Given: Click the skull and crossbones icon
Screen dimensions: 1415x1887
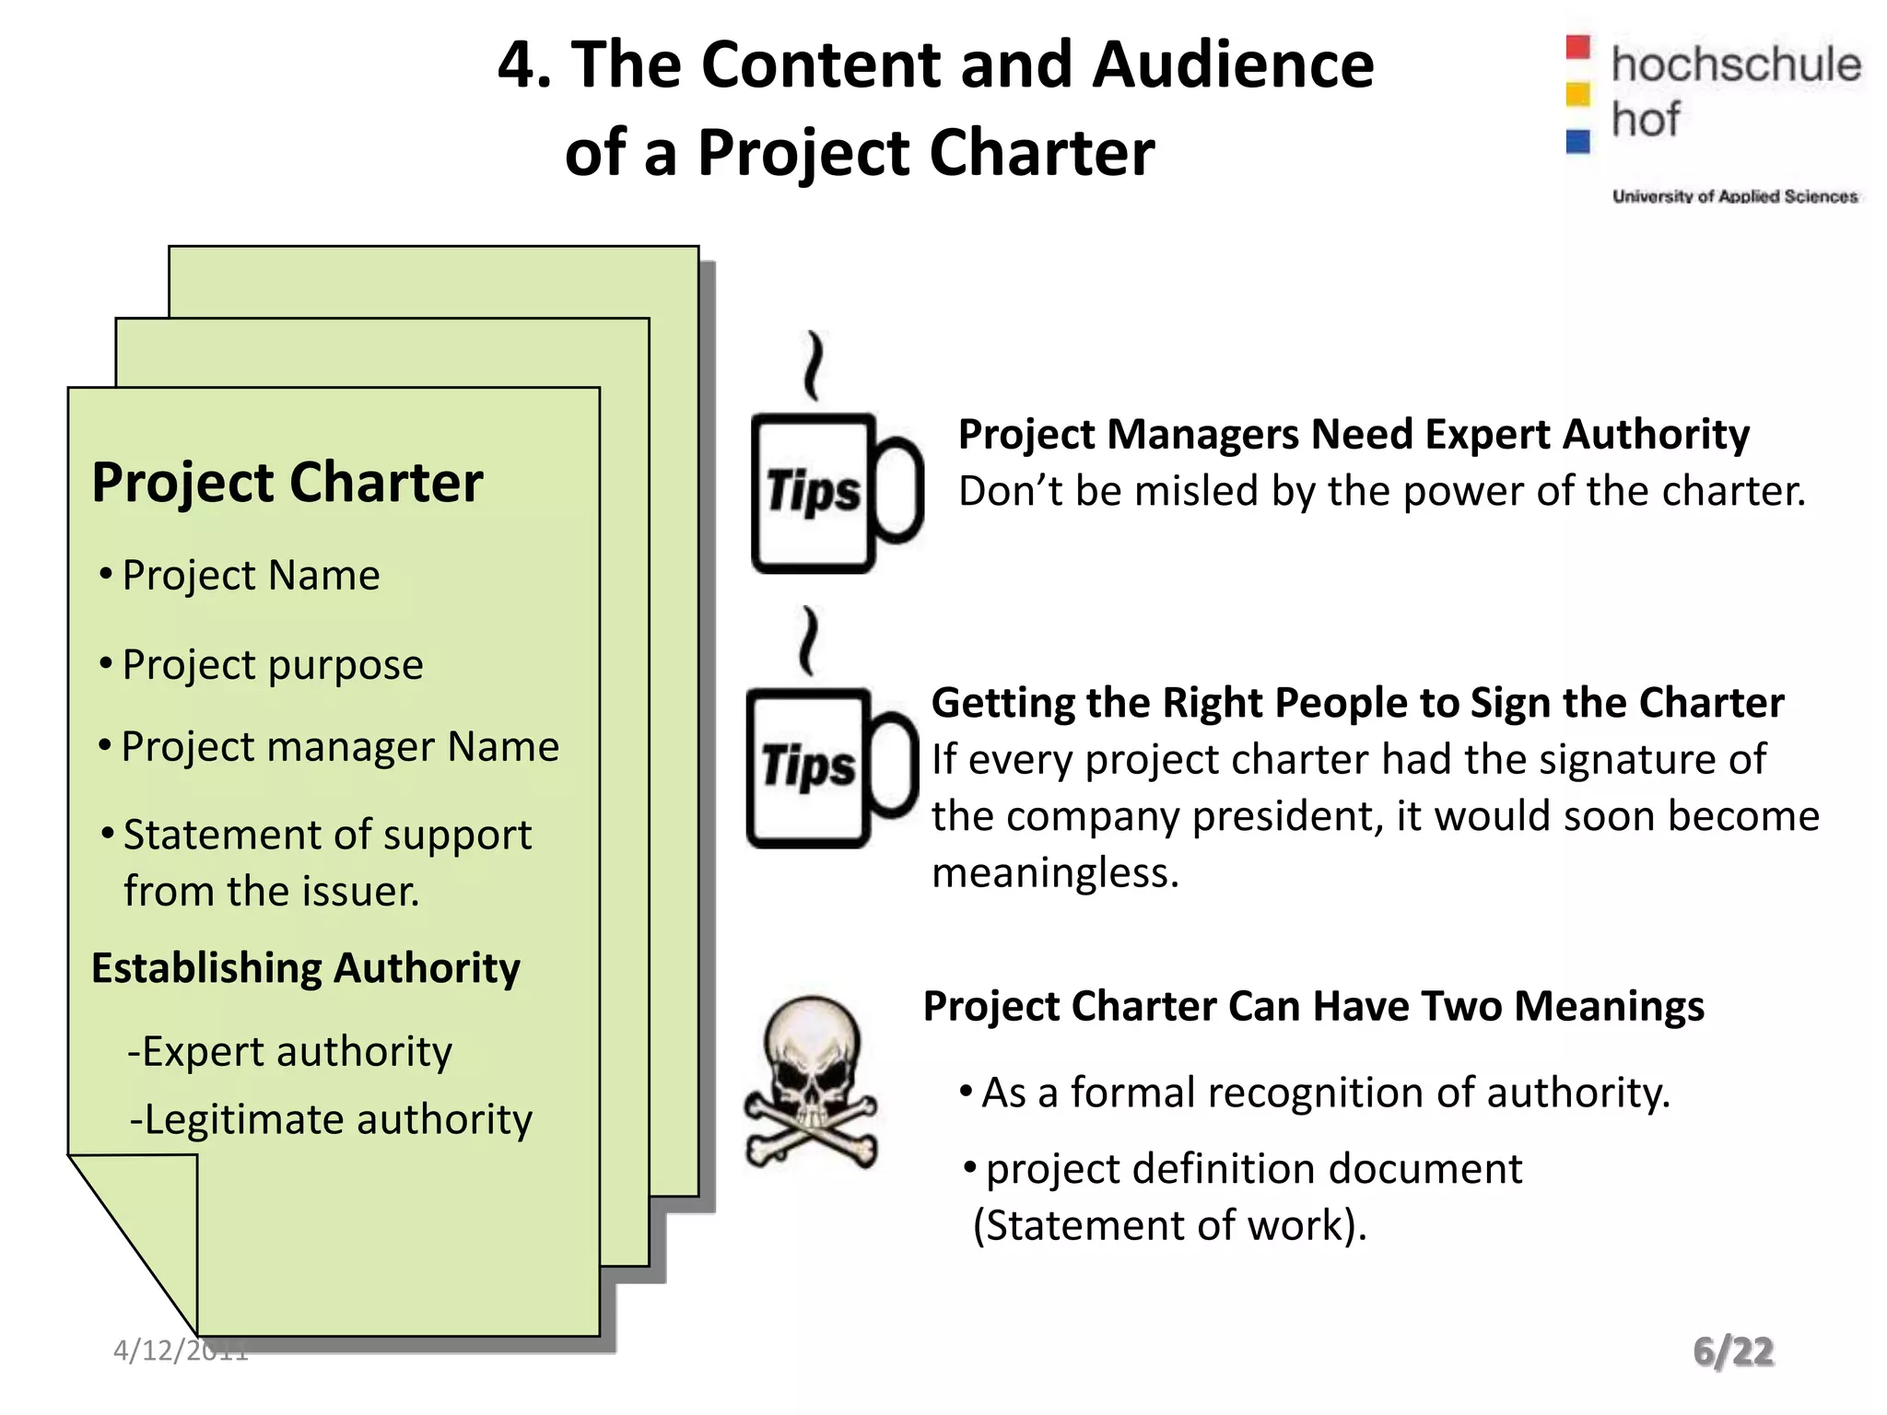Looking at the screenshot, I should coord(811,1082).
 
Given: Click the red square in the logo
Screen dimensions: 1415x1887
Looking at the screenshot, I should coord(1578,47).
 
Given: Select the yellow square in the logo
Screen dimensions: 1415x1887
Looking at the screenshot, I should coord(1578,94).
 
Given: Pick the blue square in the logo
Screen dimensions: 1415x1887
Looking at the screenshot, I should coord(1578,141).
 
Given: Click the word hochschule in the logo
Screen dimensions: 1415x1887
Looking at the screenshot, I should coord(1736,64).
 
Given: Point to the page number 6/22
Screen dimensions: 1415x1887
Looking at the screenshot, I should coord(1733,1351).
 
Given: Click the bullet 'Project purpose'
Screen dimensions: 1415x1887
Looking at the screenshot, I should coord(272,664).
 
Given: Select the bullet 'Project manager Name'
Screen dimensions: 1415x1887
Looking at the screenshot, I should coord(340,746).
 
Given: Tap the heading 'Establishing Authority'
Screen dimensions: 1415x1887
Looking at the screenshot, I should coord(306,968).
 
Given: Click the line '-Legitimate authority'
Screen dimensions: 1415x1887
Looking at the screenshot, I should coord(331,1120).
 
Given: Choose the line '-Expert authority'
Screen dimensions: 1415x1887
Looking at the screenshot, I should coord(290,1052).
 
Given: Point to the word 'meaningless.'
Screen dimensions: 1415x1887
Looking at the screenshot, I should coord(1055,872).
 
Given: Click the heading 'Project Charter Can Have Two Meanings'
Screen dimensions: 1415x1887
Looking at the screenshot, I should coord(1313,1006).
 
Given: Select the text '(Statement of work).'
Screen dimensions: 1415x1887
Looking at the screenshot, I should coord(1170,1225).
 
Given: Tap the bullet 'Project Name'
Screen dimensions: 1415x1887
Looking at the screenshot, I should coord(251,576).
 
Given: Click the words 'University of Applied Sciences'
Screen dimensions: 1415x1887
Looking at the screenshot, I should coord(1734,196).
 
